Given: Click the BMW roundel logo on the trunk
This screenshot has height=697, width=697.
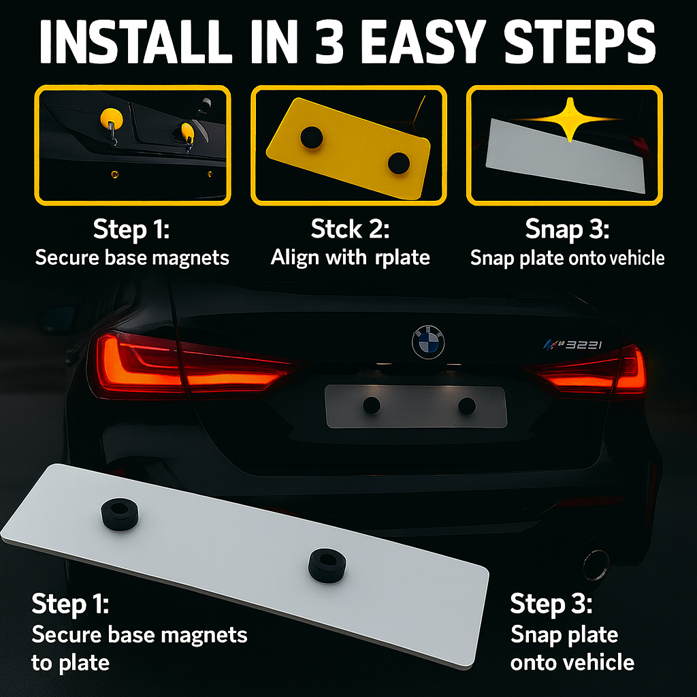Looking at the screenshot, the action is click(x=428, y=342).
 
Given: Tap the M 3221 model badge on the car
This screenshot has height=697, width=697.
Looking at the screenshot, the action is click(x=573, y=344).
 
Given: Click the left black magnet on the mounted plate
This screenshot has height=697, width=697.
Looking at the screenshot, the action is click(x=372, y=405).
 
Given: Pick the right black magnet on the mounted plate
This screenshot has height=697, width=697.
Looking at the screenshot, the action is click(x=467, y=406).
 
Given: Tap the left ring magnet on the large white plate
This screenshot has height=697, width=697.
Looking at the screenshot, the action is click(x=120, y=514).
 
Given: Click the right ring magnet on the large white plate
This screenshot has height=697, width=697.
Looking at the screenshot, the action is click(x=327, y=564).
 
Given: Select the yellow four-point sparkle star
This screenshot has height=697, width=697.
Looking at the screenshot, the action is click(x=569, y=119).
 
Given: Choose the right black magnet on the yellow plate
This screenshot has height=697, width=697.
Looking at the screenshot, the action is click(x=398, y=163).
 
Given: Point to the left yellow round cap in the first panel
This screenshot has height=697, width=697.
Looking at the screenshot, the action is click(x=112, y=118).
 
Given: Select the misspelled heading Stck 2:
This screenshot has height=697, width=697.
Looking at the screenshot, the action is click(x=350, y=229).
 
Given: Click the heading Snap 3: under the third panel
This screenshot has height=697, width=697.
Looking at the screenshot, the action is click(x=567, y=229).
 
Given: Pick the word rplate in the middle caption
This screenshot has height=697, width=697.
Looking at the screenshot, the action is click(x=402, y=258).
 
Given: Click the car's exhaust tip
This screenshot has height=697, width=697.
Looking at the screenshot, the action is click(x=596, y=565).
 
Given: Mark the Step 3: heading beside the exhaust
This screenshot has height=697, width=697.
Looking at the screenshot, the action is click(x=551, y=604).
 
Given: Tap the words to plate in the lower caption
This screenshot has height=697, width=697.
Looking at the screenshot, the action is click(x=70, y=663).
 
